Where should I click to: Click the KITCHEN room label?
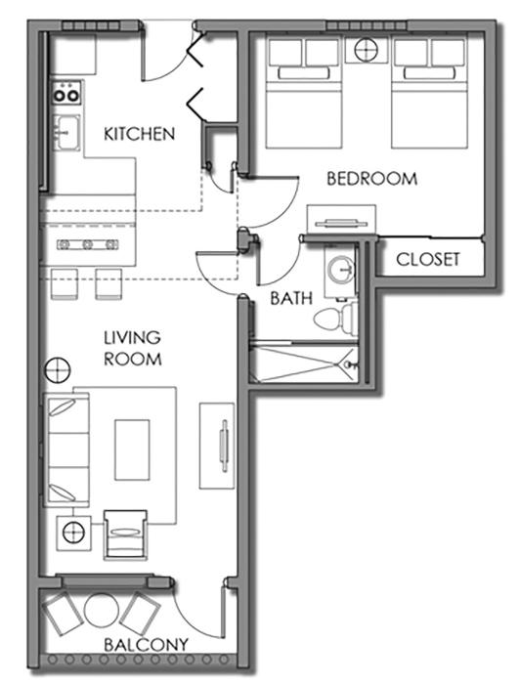coord(139,134)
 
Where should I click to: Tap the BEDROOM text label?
coord(371,179)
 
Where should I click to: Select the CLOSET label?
coord(428,260)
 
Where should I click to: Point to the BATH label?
coord(291,298)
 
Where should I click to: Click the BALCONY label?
coord(147,645)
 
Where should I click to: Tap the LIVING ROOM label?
coord(133,348)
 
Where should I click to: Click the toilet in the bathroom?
coord(335,318)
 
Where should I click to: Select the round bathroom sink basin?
coord(340,270)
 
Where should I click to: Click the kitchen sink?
coord(66,133)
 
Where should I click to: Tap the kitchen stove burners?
coord(66,93)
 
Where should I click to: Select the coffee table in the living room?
coord(132,449)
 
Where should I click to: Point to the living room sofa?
coord(66,449)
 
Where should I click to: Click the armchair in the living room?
coord(125,534)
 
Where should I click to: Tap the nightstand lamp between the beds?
coord(366,50)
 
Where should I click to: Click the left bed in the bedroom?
coord(304,94)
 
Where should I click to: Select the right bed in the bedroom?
coord(429,94)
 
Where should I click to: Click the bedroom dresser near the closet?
coord(341,220)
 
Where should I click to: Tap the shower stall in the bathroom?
coord(304,363)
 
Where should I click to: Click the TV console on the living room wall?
coord(217,446)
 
